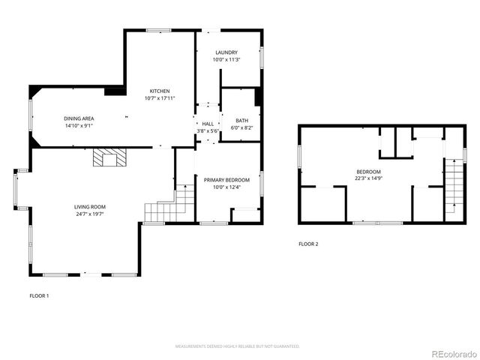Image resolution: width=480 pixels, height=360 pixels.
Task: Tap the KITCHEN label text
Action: pyautogui.click(x=159, y=91)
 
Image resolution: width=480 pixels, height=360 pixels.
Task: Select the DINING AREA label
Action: pyautogui.click(x=79, y=118)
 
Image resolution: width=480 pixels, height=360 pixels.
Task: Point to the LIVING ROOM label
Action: pyautogui.click(x=89, y=206)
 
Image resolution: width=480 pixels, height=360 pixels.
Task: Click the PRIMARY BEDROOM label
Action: pyautogui.click(x=226, y=180)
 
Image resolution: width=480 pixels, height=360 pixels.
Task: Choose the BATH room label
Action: pyautogui.click(x=241, y=121)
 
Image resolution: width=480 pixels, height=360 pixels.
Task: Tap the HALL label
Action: pyautogui.click(x=208, y=124)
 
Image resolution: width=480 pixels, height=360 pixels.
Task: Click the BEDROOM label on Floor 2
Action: pyautogui.click(x=368, y=172)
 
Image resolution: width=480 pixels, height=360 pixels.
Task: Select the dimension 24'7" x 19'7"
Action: pyautogui.click(x=89, y=214)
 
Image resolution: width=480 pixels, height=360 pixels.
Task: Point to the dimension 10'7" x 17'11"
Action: pyautogui.click(x=159, y=98)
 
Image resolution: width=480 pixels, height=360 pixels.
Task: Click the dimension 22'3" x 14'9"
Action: pyautogui.click(x=368, y=178)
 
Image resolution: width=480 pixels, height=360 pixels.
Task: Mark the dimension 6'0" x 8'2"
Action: pyautogui.click(x=241, y=127)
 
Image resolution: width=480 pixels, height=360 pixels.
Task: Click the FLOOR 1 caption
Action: pyautogui.click(x=39, y=295)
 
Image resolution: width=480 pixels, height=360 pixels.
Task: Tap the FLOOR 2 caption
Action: pyautogui.click(x=308, y=244)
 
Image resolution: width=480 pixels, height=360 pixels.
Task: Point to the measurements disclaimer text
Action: pyautogui.click(x=238, y=346)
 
